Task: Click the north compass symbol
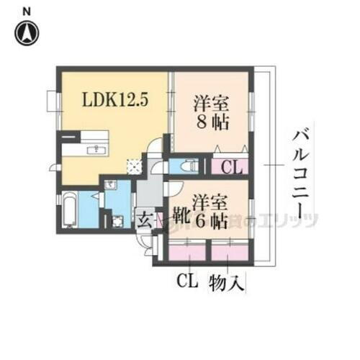point(27,32)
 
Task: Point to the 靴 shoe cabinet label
point(181,213)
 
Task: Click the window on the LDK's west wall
point(50,101)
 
